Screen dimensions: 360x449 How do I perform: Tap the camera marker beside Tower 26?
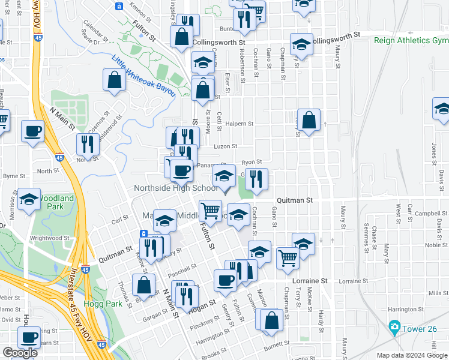(394, 327)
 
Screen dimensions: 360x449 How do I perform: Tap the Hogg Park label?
(108, 304)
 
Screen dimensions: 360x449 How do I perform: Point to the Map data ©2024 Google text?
(412, 355)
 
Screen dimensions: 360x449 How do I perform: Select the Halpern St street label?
(240, 124)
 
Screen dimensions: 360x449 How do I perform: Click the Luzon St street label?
(226, 146)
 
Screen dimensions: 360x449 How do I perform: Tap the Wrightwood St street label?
(51, 238)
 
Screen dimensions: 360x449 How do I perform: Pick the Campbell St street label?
(418, 213)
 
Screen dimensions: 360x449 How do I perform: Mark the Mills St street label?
(437, 293)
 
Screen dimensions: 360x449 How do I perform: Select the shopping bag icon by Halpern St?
(309, 121)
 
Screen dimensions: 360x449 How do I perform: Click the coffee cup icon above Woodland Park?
(32, 130)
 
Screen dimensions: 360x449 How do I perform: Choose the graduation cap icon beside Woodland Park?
(28, 200)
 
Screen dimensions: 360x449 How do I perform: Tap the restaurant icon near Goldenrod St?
(88, 143)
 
